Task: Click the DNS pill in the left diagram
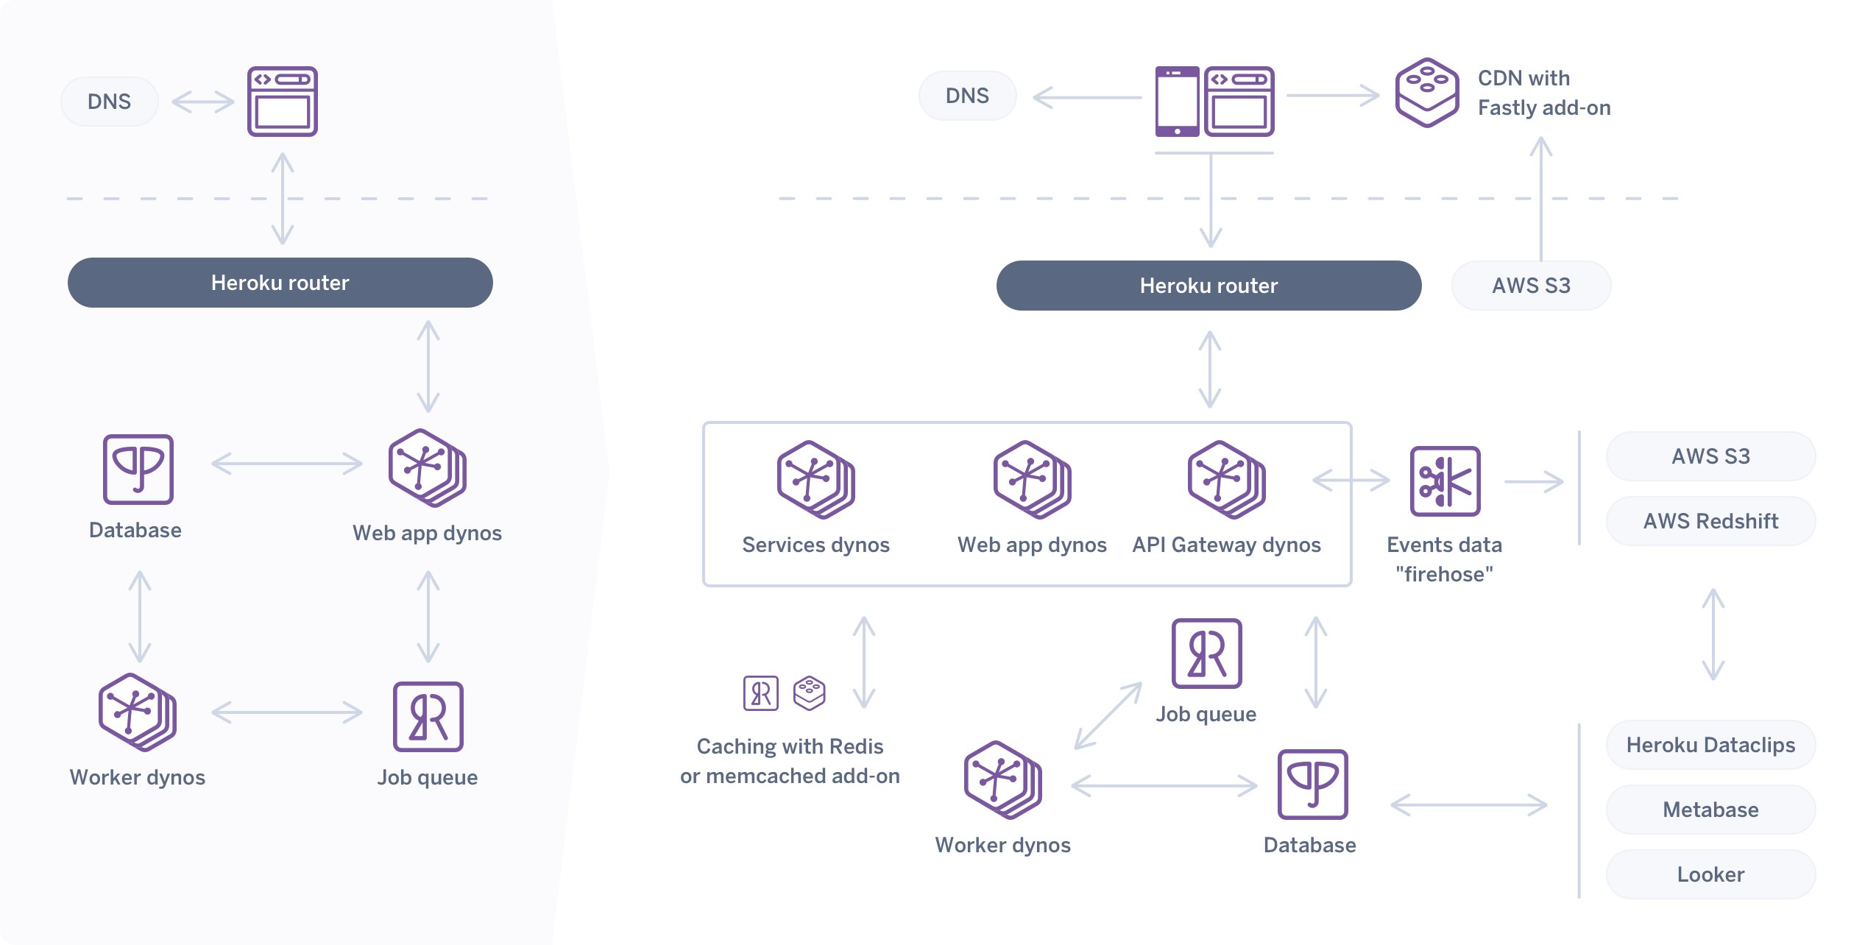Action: pos(109,102)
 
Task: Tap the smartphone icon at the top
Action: pos(1177,102)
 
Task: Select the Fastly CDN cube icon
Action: pos(1426,93)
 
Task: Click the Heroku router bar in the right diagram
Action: pos(1208,286)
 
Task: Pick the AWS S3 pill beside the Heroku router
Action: pos(1531,286)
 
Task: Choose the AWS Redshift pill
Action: pos(1710,521)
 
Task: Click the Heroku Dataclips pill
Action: pos(1710,745)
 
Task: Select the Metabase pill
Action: pos(1710,810)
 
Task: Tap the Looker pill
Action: pos(1710,874)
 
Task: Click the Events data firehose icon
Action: pos(1445,481)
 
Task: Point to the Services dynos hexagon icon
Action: pos(815,480)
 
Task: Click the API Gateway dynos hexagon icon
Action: pos(1225,480)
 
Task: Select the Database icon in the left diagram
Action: pos(138,470)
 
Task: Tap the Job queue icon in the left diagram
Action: pos(428,716)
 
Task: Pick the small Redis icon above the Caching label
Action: pos(760,693)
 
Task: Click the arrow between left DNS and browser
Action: pos(202,102)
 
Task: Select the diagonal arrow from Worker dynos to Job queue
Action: pos(1108,716)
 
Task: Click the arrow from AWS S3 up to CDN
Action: pos(1540,199)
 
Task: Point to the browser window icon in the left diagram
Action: pos(282,102)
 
